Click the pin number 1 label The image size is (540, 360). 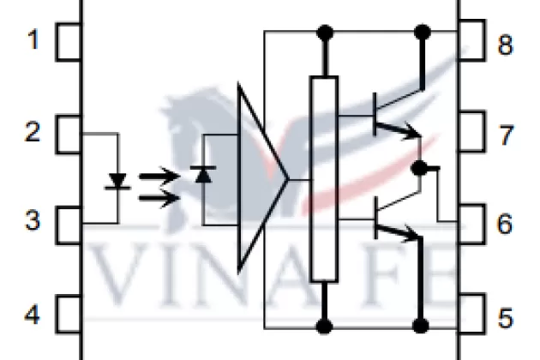(33, 40)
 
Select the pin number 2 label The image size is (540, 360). (33, 133)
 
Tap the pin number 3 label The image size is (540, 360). (33, 222)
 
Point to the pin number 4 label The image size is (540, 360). (33, 315)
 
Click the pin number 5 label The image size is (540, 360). (506, 318)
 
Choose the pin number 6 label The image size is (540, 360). (506, 225)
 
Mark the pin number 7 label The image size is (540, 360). (506, 135)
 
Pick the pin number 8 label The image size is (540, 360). (506, 44)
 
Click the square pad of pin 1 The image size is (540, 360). (69, 42)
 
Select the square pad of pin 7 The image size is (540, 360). (470, 133)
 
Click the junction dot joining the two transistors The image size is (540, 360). (418, 169)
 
